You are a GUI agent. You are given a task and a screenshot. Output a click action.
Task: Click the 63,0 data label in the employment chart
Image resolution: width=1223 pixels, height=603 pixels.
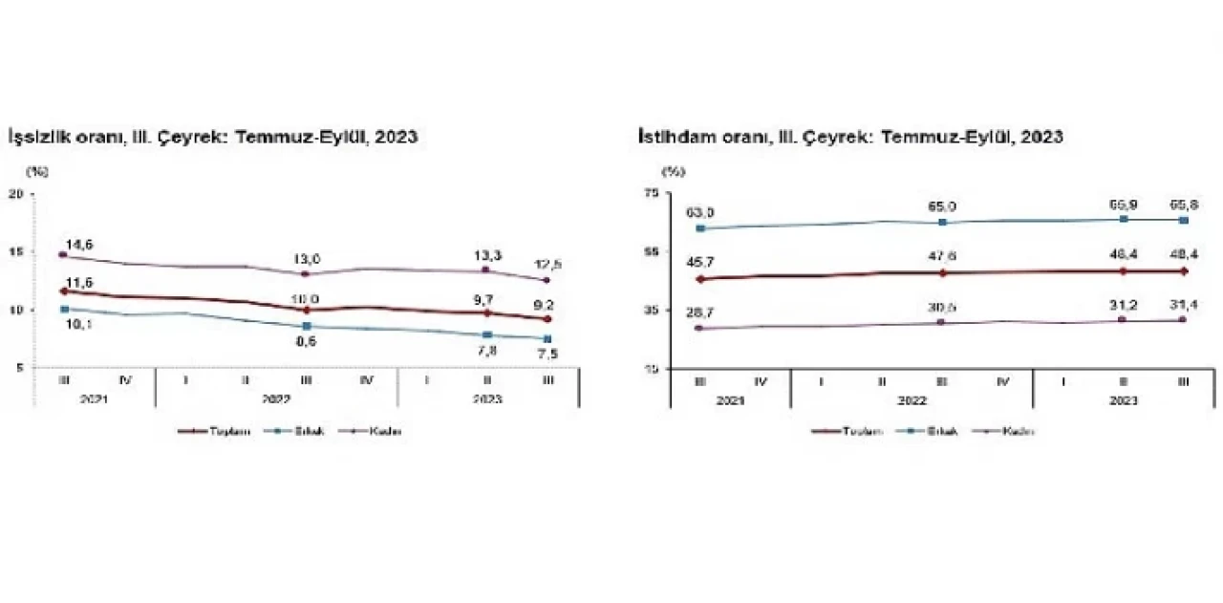point(703,212)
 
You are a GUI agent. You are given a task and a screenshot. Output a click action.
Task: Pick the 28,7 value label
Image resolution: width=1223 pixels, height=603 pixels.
point(703,313)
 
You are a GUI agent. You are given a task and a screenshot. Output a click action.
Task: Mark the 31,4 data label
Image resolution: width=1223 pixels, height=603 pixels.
point(1184,305)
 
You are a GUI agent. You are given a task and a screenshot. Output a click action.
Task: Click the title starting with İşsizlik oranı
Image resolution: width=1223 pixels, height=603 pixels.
point(212,137)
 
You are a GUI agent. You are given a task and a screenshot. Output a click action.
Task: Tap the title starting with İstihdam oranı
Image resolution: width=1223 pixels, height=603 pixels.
point(850,137)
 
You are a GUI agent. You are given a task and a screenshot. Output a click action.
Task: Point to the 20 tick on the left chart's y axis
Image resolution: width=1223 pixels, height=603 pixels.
point(15,194)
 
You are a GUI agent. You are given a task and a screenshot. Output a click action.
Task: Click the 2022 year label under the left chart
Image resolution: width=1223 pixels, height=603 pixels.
point(275,398)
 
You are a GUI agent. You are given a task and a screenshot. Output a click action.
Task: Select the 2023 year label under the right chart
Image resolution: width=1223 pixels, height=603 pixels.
point(1124,400)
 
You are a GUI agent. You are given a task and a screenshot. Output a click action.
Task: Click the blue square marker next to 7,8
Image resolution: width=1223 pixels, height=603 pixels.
point(486,334)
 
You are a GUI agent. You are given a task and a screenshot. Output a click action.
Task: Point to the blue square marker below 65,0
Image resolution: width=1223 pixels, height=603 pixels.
point(942,222)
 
